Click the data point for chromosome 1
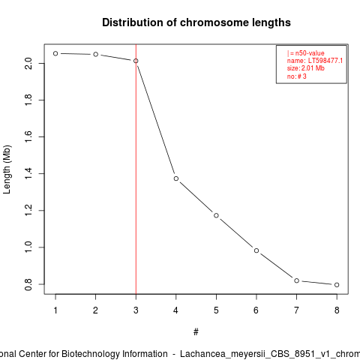pyautogui.click(x=55, y=53)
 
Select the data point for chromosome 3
pyautogui.click(x=136, y=61)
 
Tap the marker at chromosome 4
pyautogui.click(x=176, y=178)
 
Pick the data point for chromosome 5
pyautogui.click(x=216, y=215)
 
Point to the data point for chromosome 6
pyautogui.click(x=256, y=250)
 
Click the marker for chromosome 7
pyautogui.click(x=296, y=280)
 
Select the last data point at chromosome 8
pyautogui.click(x=337, y=285)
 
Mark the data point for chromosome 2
pyautogui.click(x=96, y=54)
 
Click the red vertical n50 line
pyautogui.click(x=136, y=169)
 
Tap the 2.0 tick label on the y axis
pyautogui.click(x=28, y=64)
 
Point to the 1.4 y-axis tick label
pyautogui.click(x=28, y=174)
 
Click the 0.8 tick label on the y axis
pyautogui.click(x=28, y=284)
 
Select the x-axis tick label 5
pyautogui.click(x=216, y=310)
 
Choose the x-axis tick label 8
pyautogui.click(x=337, y=310)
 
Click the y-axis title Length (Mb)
pyautogui.click(x=7, y=169)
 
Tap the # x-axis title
pyautogui.click(x=196, y=332)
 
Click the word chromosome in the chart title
pyautogui.click(x=214, y=22)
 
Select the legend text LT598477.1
pyautogui.click(x=325, y=61)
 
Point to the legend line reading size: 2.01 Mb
pyautogui.click(x=306, y=68)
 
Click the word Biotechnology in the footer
pyautogui.click(x=115, y=354)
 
